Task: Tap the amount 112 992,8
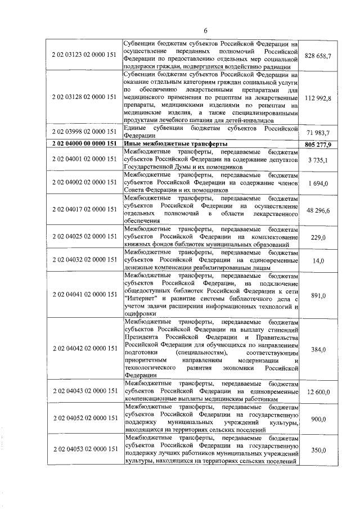coord(318,98)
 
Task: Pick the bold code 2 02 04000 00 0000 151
coord(84,144)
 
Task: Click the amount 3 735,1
coord(318,160)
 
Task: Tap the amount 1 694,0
coord(318,183)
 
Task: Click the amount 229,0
coord(318,238)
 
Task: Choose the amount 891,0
coord(318,295)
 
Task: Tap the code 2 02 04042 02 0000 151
coord(84,349)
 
